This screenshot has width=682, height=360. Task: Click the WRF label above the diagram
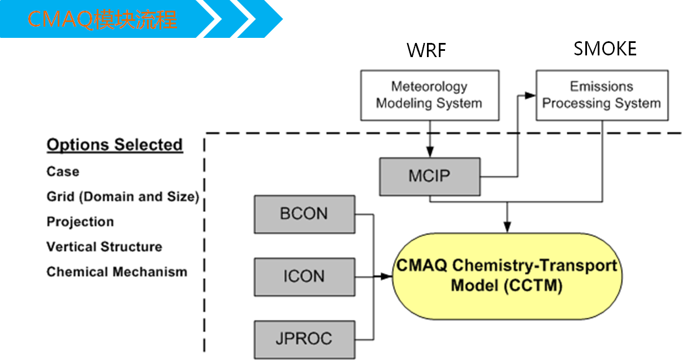coord(426,50)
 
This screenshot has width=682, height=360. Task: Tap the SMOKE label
coord(605,49)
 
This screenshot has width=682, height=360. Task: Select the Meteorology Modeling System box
coord(429,95)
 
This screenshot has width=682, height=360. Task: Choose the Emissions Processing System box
coord(602,95)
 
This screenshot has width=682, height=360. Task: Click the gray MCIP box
coord(429,176)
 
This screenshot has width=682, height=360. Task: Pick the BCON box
coord(304,214)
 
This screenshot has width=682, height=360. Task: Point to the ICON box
coord(304,277)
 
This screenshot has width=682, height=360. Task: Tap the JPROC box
coord(304,339)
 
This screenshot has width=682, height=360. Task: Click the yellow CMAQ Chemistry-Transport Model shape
coord(507,276)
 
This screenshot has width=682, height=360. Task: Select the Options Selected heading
coord(114,145)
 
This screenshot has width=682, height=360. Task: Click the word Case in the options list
coord(63,172)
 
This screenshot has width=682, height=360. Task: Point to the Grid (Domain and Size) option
coord(123,197)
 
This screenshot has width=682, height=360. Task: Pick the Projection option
coord(80,222)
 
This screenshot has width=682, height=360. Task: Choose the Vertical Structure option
coord(104,247)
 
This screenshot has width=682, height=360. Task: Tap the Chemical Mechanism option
coord(116,272)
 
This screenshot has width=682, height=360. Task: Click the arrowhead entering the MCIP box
coord(429,153)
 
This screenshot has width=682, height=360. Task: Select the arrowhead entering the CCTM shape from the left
coord(387,277)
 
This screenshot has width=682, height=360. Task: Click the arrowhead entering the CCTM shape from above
coord(507,228)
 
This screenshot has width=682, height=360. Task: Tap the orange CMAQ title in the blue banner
coord(102,20)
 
